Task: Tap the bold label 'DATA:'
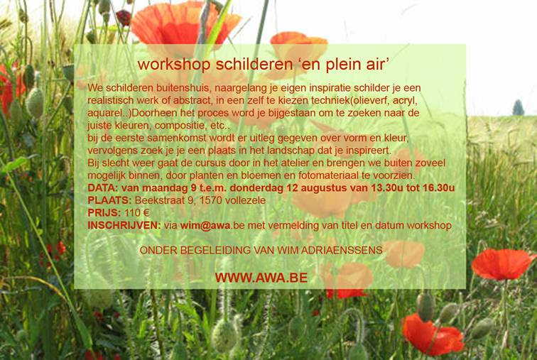tap(103, 188)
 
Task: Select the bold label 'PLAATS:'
tap(109, 200)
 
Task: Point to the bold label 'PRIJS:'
tap(104, 213)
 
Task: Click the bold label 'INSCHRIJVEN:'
tap(124, 226)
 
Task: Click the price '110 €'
tap(136, 213)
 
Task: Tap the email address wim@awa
tap(205, 226)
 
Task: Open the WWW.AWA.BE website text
tap(261, 278)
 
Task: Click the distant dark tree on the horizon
tap(518, 107)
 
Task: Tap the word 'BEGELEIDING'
tap(215, 250)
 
